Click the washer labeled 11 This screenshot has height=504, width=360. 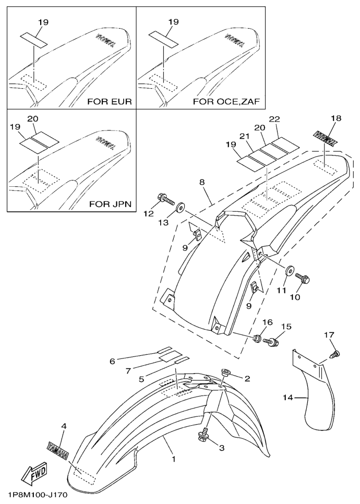point(287,272)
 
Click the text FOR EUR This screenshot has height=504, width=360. point(110,101)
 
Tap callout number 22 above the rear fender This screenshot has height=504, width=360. point(274,119)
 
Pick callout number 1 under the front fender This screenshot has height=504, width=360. point(173,461)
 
